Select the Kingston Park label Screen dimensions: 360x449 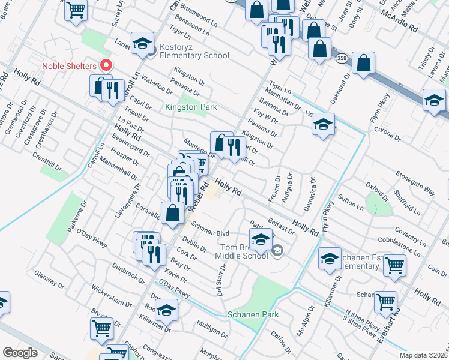click(x=191, y=107)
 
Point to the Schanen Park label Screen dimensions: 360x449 click(x=253, y=315)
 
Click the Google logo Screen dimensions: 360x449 click(x=20, y=353)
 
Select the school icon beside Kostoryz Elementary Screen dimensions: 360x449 click(x=142, y=43)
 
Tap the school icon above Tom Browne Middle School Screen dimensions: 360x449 click(x=260, y=239)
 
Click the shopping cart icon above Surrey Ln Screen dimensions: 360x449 click(x=76, y=9)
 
